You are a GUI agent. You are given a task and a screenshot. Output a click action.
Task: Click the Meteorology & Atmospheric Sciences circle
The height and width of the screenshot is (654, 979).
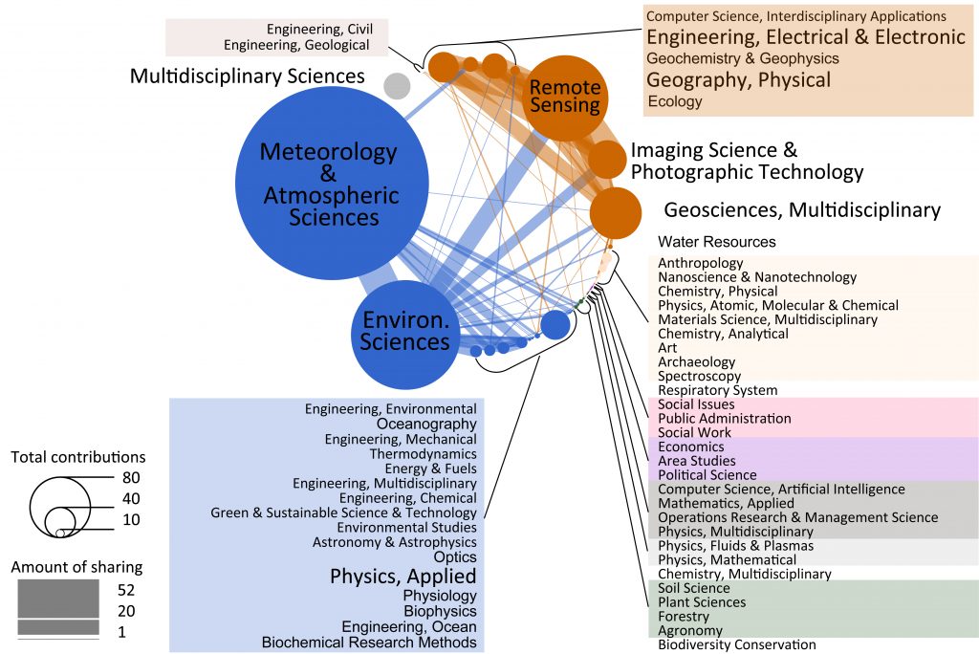pos(331,183)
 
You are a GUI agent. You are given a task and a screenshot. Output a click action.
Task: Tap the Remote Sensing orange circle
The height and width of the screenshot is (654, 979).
pos(565,98)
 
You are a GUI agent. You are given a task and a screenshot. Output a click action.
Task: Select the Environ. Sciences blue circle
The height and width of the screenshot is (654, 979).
pos(405,329)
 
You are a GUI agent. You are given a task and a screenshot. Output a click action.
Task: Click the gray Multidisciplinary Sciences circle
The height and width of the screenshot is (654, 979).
pos(397,86)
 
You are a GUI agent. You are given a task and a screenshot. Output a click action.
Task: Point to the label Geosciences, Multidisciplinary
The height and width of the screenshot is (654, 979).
pos(802,210)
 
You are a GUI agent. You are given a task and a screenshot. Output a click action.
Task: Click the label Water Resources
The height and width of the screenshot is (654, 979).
pos(717,242)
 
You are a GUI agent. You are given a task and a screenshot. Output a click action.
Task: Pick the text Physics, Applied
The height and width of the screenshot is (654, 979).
pos(402,577)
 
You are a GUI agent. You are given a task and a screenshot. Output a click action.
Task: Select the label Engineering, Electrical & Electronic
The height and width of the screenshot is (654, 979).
pos(806,37)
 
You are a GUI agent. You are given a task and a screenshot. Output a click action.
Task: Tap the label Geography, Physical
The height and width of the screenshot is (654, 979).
pos(739,80)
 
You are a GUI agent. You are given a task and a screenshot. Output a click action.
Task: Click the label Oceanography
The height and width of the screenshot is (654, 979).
pos(426,424)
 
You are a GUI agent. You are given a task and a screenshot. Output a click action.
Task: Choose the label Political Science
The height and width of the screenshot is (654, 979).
pos(707,475)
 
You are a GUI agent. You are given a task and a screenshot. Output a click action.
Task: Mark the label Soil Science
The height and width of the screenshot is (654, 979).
pos(694,588)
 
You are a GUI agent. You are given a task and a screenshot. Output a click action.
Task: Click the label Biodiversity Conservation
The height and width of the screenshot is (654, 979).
pos(737,645)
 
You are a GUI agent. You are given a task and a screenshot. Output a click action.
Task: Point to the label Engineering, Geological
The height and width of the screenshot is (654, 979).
pos(296,45)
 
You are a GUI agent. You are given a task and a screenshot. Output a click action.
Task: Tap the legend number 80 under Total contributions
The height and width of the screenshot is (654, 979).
pos(131,477)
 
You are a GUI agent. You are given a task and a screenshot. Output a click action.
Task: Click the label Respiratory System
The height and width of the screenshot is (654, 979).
pos(718,390)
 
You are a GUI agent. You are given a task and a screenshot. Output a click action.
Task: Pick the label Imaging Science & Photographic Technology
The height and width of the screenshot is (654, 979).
pos(746,162)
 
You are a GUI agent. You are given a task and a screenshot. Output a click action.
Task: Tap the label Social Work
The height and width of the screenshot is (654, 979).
pos(693,433)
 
